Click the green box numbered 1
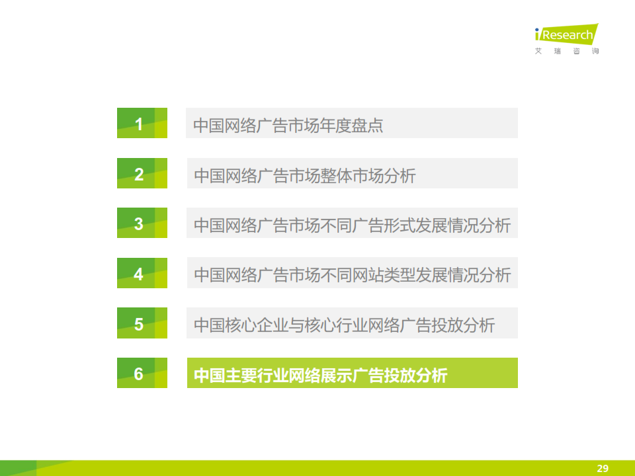point(142,123)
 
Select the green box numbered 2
point(142,173)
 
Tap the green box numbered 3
point(142,223)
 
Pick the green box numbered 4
point(142,273)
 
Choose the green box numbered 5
point(142,323)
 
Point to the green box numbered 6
point(142,373)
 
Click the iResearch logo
point(567,34)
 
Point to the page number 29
point(603,468)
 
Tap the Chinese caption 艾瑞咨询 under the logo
point(567,51)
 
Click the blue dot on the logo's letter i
point(537,30)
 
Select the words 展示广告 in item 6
point(352,376)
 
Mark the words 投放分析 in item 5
point(463,325)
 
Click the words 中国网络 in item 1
point(225,126)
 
